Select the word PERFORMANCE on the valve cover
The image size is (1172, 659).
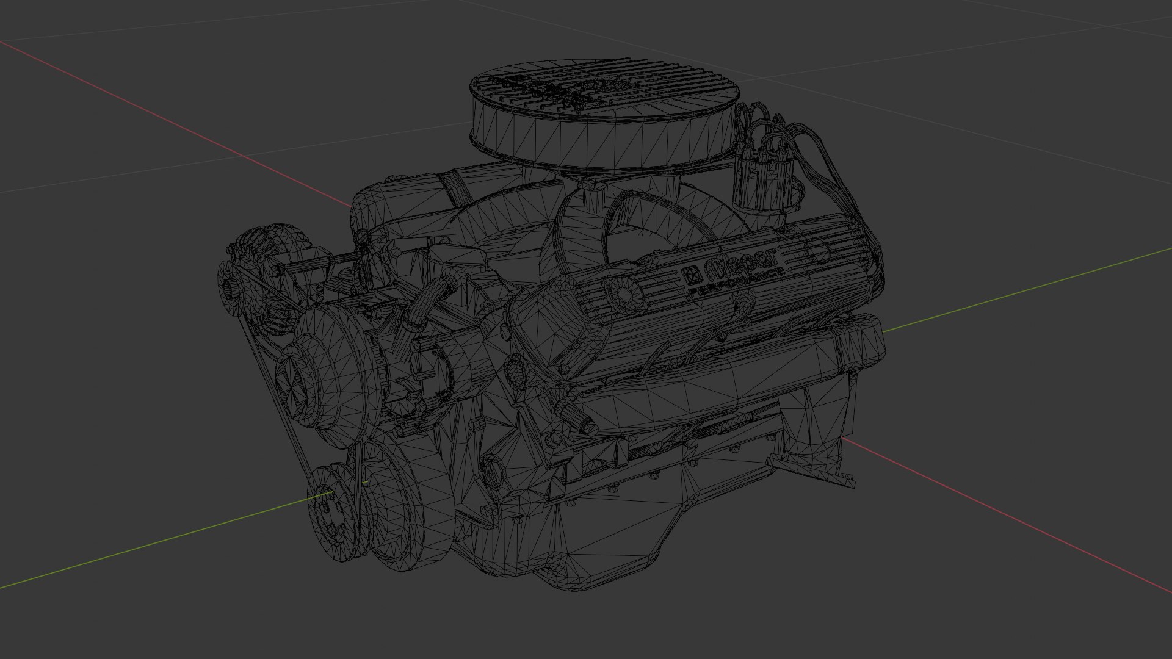pos(736,284)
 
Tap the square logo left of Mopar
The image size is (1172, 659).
pos(692,276)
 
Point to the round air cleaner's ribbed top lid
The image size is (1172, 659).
pos(604,85)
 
